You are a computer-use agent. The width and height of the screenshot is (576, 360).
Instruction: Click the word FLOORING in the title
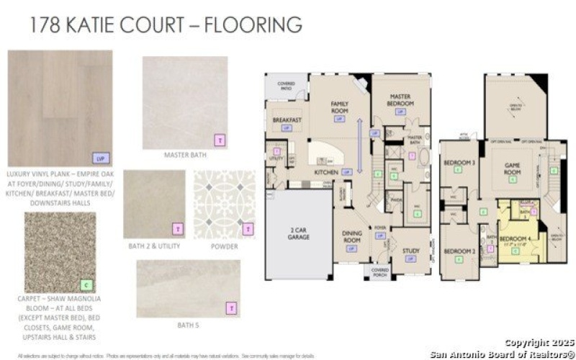pos(253,24)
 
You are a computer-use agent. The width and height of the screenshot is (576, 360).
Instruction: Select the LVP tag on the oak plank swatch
pos(102,157)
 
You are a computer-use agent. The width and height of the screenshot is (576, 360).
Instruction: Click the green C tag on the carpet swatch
pos(86,284)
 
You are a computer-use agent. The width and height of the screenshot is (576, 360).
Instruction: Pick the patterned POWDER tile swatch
pos(224,204)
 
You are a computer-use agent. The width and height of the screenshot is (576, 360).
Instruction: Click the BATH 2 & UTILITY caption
pos(154,246)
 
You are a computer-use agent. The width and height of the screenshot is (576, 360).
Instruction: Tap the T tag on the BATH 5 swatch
pos(232,308)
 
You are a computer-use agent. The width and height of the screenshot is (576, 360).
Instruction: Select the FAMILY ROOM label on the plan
pos(340,107)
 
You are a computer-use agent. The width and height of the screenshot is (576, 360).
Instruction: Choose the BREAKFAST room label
pos(287,120)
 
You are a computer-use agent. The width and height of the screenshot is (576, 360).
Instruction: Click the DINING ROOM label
pos(352,238)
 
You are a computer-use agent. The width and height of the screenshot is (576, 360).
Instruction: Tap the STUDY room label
pos(411,251)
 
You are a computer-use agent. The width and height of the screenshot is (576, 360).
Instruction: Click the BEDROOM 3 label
pos(459,163)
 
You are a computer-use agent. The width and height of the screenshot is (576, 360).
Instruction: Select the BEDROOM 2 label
pos(459,251)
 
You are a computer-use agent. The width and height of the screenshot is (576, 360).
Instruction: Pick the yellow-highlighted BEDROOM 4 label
pos(516,238)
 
